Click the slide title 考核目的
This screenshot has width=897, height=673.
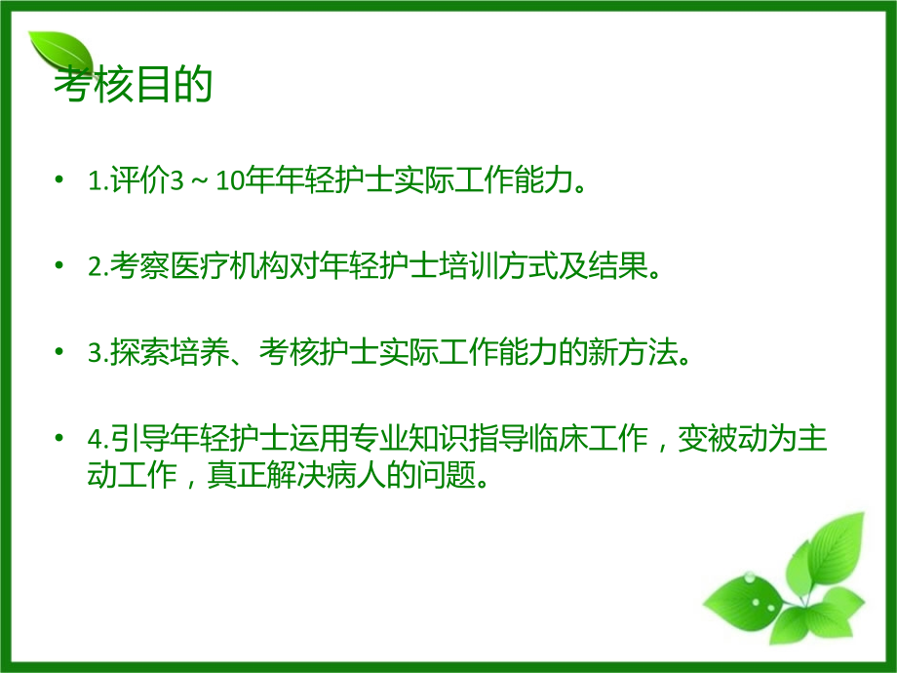click(133, 86)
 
